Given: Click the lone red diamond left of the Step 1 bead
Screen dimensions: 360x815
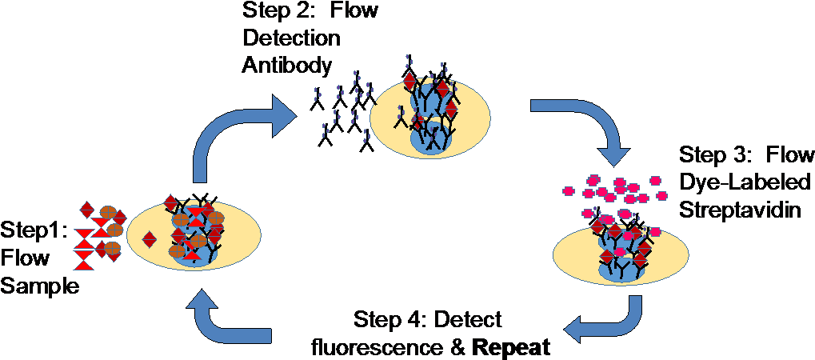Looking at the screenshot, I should pyautogui.click(x=149, y=239).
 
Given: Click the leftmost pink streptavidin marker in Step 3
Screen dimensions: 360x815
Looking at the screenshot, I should pyautogui.click(x=569, y=190).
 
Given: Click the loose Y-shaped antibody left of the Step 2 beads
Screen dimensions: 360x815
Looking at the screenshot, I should pyautogui.click(x=398, y=121).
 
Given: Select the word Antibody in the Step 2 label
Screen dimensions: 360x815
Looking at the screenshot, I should pyautogui.click(x=286, y=66).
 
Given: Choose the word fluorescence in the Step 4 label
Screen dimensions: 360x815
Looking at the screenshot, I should pyautogui.click(x=368, y=349).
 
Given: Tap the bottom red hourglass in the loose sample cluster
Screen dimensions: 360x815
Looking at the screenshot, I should pyautogui.click(x=84, y=259).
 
